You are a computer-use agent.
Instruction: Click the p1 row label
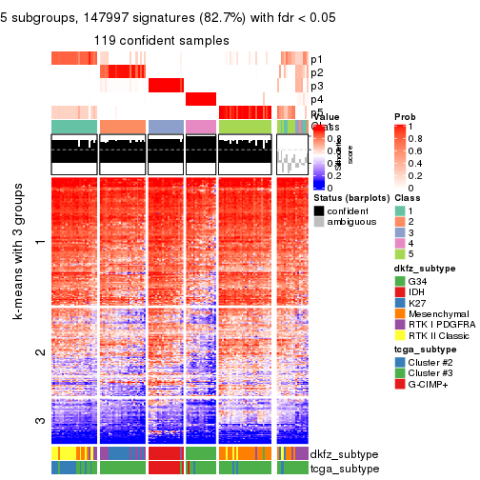click(317, 59)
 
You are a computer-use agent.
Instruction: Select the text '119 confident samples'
click(161, 41)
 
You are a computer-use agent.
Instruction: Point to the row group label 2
click(39, 353)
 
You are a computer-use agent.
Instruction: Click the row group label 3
click(39, 420)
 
